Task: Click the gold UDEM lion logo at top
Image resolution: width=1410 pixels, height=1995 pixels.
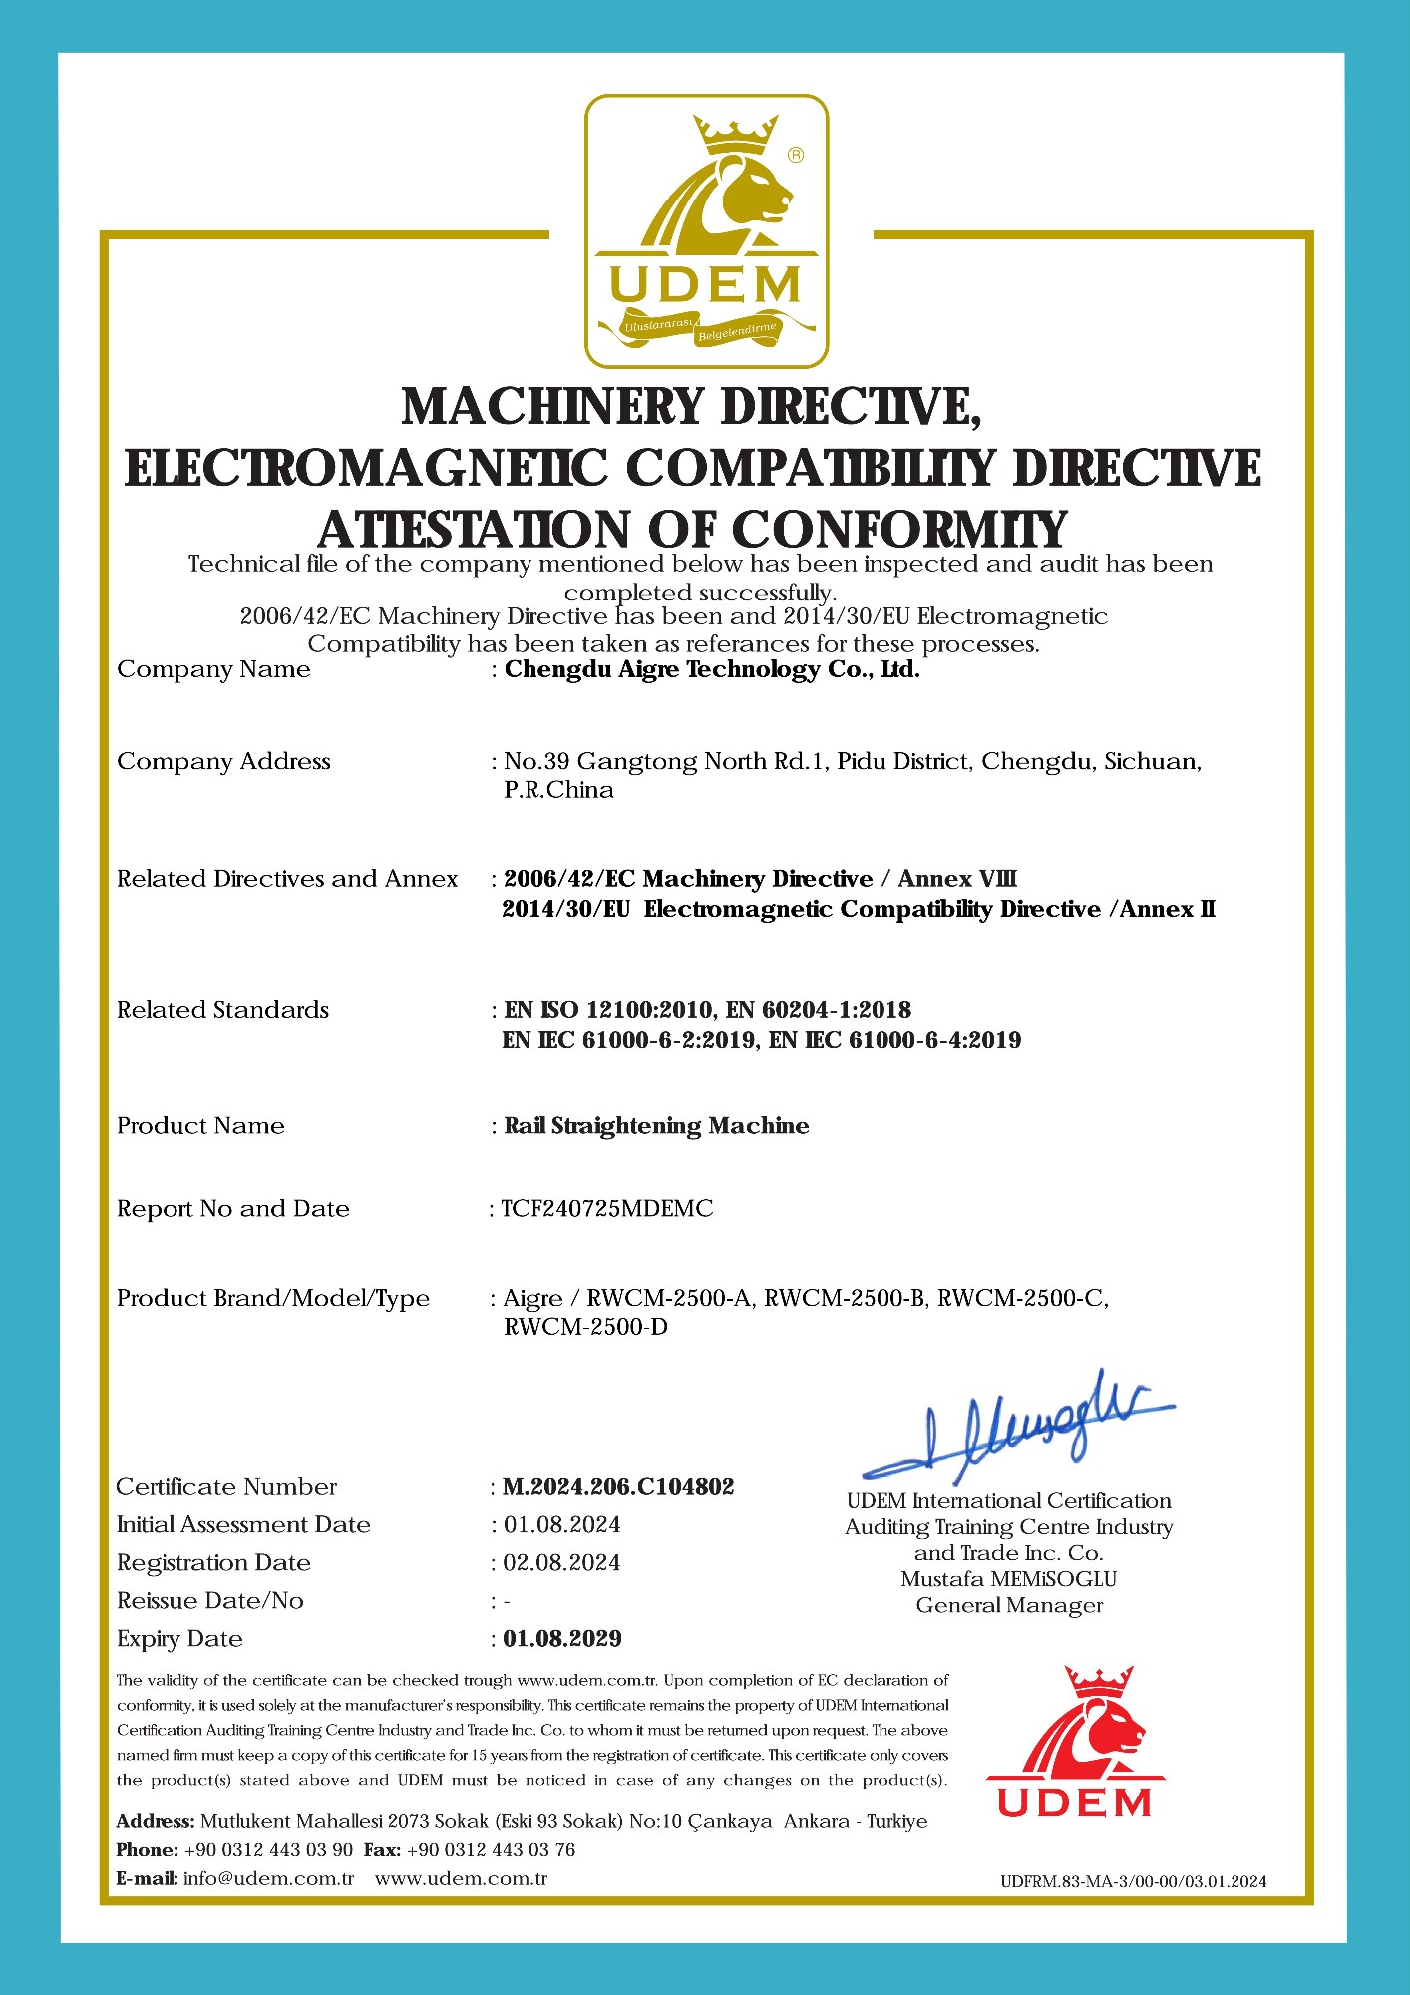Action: [x=706, y=231]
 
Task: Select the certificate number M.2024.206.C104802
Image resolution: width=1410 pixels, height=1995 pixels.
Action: [x=618, y=1487]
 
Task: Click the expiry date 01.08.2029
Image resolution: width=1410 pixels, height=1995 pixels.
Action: [x=562, y=1639]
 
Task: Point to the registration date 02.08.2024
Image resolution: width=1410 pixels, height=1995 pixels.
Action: [x=561, y=1563]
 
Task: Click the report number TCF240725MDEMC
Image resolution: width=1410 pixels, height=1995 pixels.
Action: [x=607, y=1209]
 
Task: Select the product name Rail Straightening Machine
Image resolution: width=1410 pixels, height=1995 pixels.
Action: [x=656, y=1126]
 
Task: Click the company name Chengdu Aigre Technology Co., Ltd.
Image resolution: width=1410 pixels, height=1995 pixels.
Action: [x=712, y=670]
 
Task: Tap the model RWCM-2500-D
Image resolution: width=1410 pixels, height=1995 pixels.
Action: [x=585, y=1328]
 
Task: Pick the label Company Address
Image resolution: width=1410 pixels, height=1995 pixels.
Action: [x=223, y=762]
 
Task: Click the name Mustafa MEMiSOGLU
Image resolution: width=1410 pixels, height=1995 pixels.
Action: [x=1008, y=1579]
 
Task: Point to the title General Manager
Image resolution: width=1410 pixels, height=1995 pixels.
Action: [x=1009, y=1606]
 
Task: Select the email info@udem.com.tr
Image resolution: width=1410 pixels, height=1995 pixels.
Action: [x=269, y=1879]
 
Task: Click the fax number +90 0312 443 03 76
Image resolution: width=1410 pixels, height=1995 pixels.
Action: [x=491, y=1850]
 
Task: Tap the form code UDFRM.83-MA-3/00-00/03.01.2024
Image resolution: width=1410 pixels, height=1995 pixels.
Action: [x=1134, y=1882]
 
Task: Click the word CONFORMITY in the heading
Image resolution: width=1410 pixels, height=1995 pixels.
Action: [x=900, y=530]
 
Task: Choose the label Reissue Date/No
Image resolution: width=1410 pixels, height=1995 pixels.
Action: [x=210, y=1601]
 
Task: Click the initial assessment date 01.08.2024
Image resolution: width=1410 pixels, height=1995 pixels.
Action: [x=561, y=1525]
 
